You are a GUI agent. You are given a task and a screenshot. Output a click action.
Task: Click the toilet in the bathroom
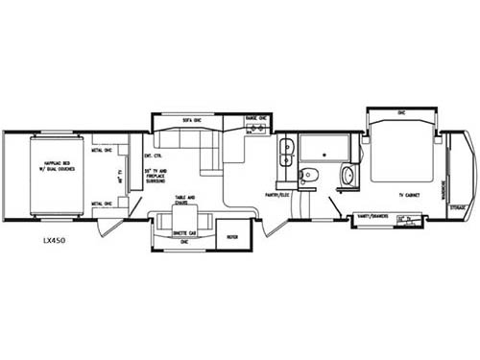click(306, 175)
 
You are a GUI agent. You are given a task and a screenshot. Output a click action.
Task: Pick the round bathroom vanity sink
click(348, 176)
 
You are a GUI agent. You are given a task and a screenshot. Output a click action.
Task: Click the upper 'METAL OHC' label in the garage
click(103, 150)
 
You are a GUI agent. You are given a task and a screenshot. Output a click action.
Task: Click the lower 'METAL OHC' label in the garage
click(103, 204)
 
